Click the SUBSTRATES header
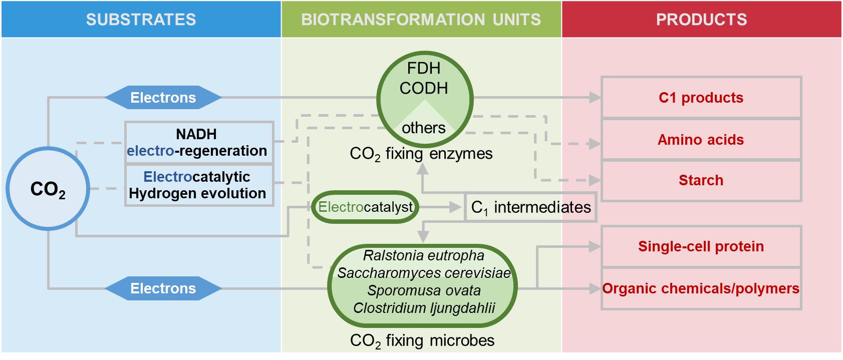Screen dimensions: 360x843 (x=141, y=19)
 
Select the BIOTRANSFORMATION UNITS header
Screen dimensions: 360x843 (x=421, y=19)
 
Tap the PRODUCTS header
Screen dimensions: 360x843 (x=701, y=19)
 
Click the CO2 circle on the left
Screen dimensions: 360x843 (x=48, y=189)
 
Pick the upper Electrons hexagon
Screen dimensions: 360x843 (x=163, y=98)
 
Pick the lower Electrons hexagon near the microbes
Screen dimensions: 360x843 (x=163, y=288)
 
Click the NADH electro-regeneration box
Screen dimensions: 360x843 (x=199, y=142)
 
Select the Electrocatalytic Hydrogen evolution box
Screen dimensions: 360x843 (x=199, y=185)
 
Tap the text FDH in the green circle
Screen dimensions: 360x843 (x=424, y=68)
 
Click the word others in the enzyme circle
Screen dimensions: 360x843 (x=424, y=128)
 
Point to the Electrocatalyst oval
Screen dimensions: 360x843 (x=365, y=207)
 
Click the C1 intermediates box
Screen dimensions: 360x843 (x=531, y=207)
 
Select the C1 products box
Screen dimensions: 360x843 (x=701, y=98)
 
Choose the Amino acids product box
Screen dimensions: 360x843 (x=701, y=140)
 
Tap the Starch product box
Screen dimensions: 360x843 (x=701, y=180)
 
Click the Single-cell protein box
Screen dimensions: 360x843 (x=701, y=246)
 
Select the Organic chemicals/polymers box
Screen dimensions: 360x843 (x=701, y=288)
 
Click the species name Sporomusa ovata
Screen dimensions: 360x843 (x=424, y=290)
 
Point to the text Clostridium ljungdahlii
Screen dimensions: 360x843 (x=424, y=307)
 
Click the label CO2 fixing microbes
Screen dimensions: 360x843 (x=422, y=340)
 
